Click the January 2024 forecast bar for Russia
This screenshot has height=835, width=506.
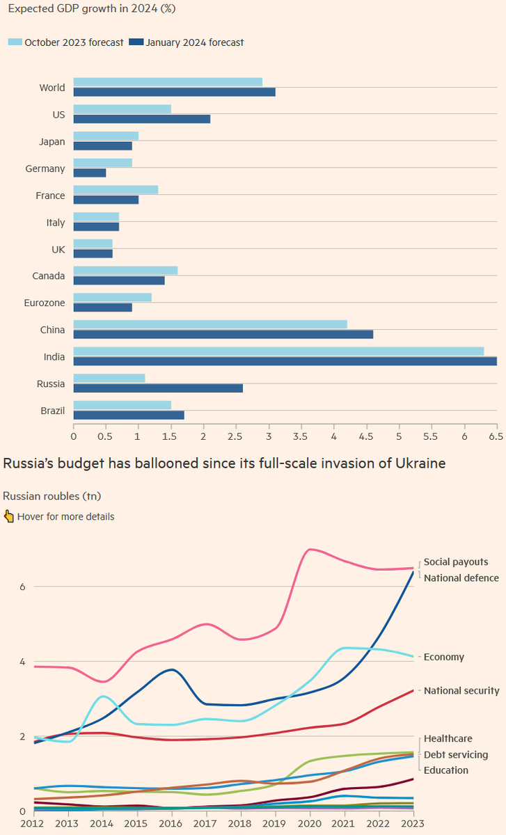158,388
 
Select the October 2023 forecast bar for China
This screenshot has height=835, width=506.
210,324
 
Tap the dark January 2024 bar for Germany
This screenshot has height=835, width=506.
90,173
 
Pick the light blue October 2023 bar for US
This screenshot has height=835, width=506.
122,109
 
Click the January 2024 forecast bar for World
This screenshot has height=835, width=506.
175,92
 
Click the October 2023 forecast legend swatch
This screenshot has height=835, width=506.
15,42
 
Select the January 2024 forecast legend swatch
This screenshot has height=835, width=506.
136,42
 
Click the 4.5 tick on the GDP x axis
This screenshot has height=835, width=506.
367,436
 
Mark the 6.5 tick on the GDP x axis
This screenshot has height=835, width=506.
497,436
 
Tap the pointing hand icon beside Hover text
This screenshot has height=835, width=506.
9,516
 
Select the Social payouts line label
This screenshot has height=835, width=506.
456,562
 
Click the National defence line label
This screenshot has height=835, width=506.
461,578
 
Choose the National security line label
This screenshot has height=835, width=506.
461,690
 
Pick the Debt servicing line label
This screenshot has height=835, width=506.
456,754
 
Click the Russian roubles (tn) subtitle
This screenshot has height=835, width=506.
51,496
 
